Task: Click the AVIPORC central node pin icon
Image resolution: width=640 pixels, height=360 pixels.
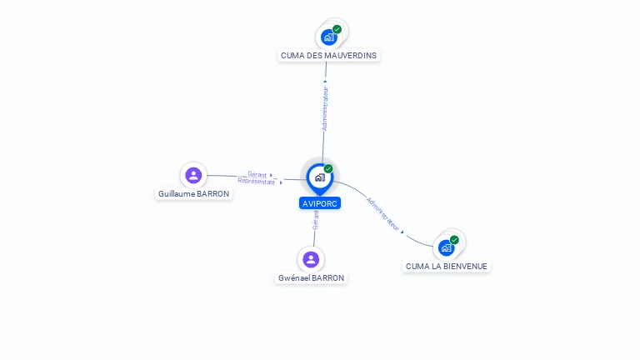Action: pyautogui.click(x=319, y=177)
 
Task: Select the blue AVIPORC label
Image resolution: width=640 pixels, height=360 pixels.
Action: pyautogui.click(x=320, y=203)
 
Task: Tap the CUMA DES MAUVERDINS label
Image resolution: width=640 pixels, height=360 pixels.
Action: pyautogui.click(x=328, y=56)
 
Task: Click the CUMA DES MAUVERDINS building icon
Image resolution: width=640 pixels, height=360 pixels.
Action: pyautogui.click(x=329, y=37)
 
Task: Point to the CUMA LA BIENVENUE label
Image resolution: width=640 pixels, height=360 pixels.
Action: pyautogui.click(x=447, y=267)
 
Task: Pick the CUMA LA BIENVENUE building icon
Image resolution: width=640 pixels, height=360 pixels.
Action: pyautogui.click(x=447, y=247)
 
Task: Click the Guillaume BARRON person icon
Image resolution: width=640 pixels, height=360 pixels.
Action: pyautogui.click(x=193, y=175)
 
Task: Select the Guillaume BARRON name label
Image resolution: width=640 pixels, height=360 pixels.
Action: pyautogui.click(x=194, y=194)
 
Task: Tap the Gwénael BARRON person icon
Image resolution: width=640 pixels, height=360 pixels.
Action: pyautogui.click(x=311, y=259)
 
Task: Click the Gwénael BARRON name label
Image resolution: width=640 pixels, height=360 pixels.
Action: pyautogui.click(x=311, y=278)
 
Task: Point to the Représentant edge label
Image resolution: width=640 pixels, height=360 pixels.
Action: pyautogui.click(x=256, y=181)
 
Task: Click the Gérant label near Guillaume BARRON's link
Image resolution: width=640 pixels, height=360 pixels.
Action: pyautogui.click(x=257, y=174)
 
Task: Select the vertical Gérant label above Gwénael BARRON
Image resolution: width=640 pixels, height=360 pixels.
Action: pyautogui.click(x=316, y=220)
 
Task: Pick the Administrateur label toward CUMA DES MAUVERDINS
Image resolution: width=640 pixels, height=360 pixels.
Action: pyautogui.click(x=325, y=108)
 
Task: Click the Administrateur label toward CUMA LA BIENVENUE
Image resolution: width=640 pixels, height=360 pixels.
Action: pyautogui.click(x=383, y=214)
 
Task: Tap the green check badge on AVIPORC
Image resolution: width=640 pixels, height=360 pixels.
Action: pyautogui.click(x=328, y=169)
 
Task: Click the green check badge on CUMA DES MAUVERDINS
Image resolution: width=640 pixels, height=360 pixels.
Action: pyautogui.click(x=337, y=29)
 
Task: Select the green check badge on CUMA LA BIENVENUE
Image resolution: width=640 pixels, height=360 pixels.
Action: pyautogui.click(x=454, y=239)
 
